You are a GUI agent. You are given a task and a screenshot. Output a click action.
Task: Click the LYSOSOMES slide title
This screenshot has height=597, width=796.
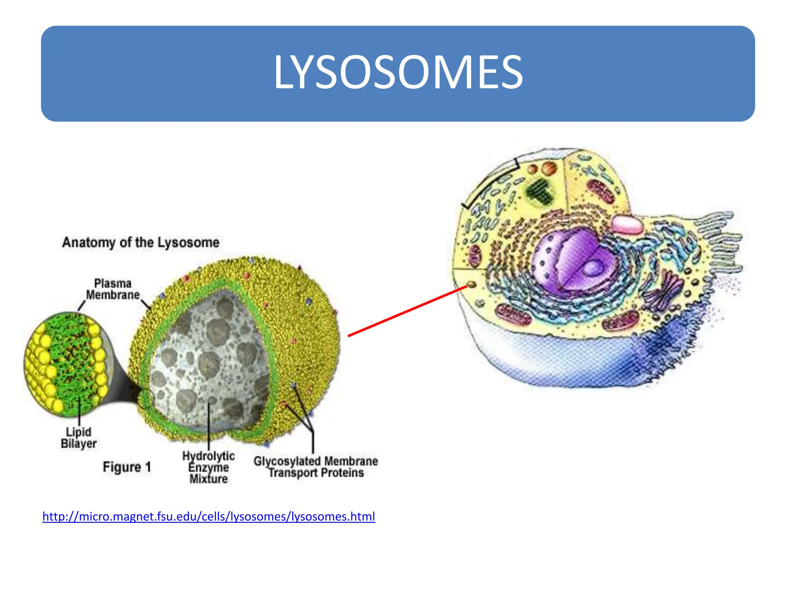click(398, 72)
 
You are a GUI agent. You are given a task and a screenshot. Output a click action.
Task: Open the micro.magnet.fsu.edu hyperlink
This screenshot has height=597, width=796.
click(209, 517)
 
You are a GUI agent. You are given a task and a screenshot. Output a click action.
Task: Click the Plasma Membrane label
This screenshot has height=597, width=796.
click(113, 289)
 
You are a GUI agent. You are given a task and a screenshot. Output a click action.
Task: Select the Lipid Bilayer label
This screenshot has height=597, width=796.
click(79, 438)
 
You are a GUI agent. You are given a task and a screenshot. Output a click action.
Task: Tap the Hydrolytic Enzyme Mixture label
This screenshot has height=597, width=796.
click(209, 467)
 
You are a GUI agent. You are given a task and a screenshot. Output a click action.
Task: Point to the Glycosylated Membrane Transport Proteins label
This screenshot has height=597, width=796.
click(316, 467)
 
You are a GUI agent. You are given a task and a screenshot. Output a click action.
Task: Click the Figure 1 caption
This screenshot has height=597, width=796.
click(127, 467)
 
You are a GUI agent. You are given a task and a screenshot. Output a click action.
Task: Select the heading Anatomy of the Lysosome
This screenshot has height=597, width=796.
click(141, 243)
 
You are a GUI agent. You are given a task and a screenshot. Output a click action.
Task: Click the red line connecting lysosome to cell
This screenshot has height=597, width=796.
click(408, 311)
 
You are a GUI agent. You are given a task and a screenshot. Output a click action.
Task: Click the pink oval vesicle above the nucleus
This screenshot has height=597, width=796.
click(627, 225)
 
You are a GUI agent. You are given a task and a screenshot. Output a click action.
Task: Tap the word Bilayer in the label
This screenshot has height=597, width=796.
click(79, 443)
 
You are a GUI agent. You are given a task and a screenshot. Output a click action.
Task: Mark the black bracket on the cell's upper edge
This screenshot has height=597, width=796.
click(491, 183)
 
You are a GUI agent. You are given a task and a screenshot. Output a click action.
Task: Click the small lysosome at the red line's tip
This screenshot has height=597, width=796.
click(471, 285)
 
